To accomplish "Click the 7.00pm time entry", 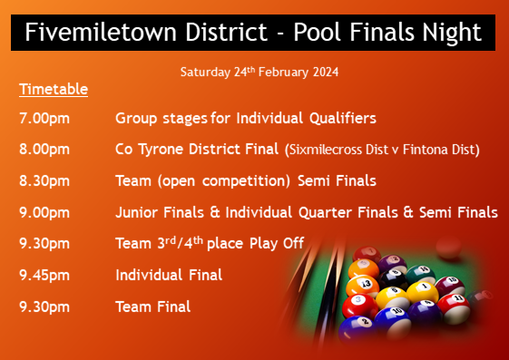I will tap(44, 118).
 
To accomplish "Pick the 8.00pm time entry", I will tap(44, 149).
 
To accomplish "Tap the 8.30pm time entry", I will tap(44, 180).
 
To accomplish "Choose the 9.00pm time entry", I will tap(44, 212).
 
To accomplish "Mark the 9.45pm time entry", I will tap(44, 275).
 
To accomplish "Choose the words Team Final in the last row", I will tap(152, 306).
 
